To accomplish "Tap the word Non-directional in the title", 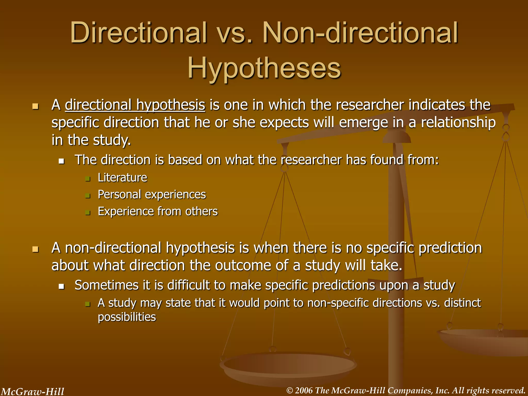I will tap(360, 33).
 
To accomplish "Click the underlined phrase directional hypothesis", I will tap(135, 105).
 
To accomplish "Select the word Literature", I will tap(122, 178).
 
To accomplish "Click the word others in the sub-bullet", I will tap(201, 211).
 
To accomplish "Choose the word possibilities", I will tap(127, 317).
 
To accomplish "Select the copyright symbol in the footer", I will tap(290, 391).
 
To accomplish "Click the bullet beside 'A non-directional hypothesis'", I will tap(36, 249).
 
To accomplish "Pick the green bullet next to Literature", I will tap(88, 179).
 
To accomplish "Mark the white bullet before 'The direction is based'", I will tap(61, 161).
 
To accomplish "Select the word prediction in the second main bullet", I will tap(450, 248).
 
